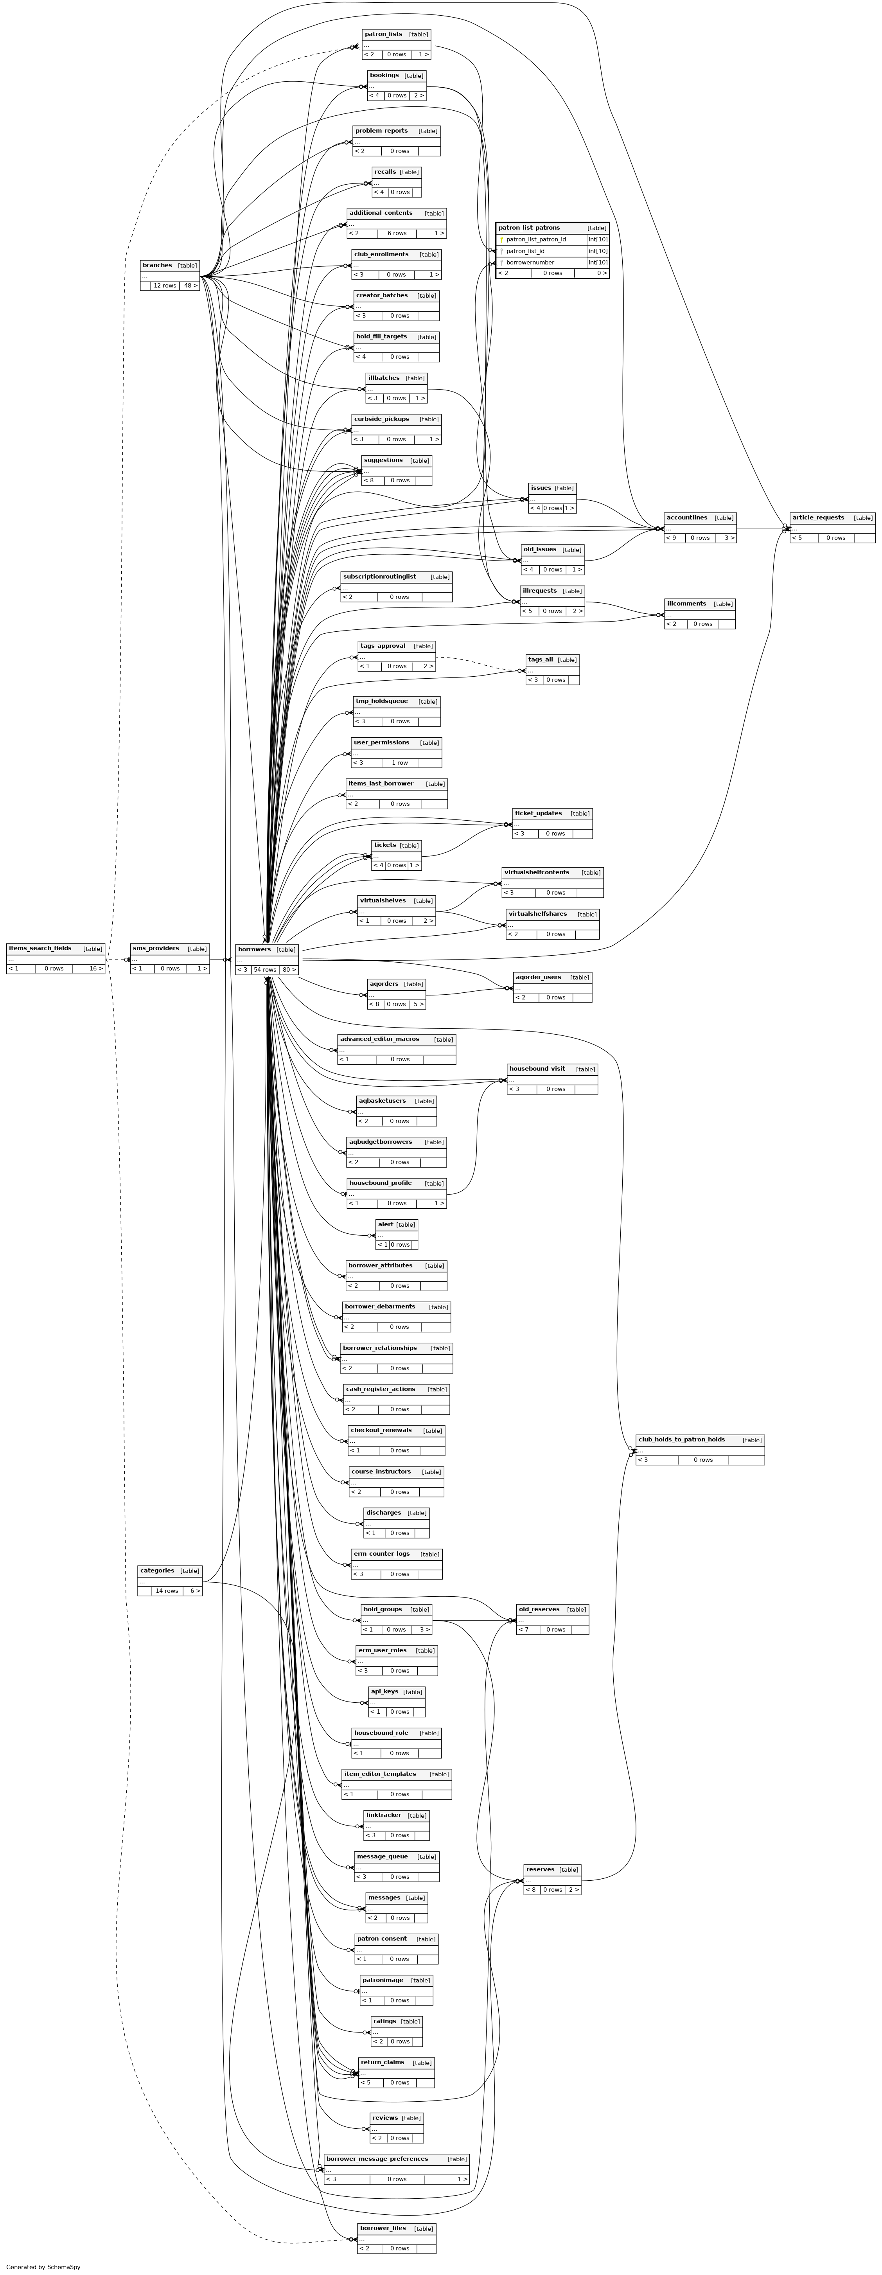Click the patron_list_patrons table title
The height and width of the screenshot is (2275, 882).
click(529, 228)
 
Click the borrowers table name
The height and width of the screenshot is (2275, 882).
click(254, 949)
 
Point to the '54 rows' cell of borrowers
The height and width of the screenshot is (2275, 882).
click(265, 970)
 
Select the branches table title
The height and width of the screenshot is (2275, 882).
click(157, 265)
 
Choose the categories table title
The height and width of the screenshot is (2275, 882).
click(157, 1570)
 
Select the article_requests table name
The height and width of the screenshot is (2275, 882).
click(818, 518)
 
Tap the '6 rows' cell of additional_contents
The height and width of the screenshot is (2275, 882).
click(397, 233)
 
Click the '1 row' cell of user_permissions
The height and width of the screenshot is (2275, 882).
click(400, 762)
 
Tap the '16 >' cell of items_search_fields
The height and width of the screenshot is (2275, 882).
click(95, 969)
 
